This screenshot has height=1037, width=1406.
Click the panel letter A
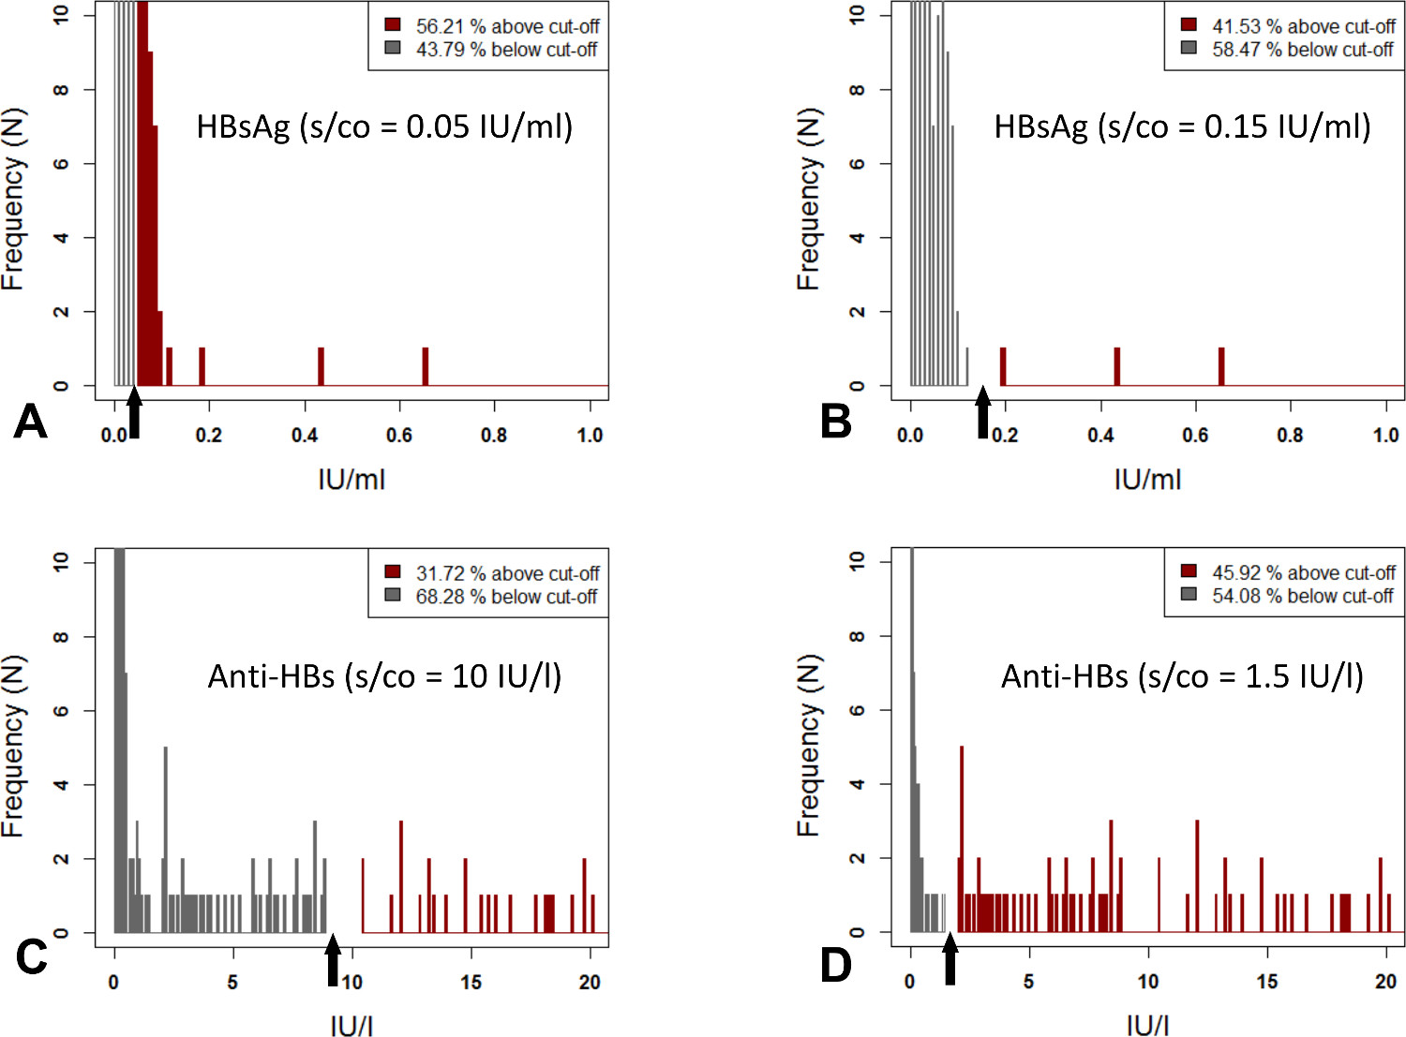tap(30, 422)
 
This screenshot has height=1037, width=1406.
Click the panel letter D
tap(836, 966)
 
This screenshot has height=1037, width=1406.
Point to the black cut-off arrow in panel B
tap(982, 411)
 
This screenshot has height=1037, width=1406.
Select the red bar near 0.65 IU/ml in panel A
tap(425, 366)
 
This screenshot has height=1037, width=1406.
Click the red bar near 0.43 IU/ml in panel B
tap(1117, 366)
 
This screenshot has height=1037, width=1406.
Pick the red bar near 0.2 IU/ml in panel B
tap(1003, 366)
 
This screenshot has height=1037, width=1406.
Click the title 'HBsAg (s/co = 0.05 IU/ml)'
tap(384, 126)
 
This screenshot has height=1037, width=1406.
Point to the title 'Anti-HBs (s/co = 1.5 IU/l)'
tap(1182, 675)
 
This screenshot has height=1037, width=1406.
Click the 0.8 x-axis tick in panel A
tap(494, 436)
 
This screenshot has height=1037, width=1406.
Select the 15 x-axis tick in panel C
tap(471, 983)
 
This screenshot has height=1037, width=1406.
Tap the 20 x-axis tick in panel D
tap(1386, 982)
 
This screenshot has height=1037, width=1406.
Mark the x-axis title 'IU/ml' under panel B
tap(1147, 480)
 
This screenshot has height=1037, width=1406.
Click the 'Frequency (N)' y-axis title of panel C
tap(13, 746)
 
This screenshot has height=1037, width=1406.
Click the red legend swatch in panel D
tap(1189, 571)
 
